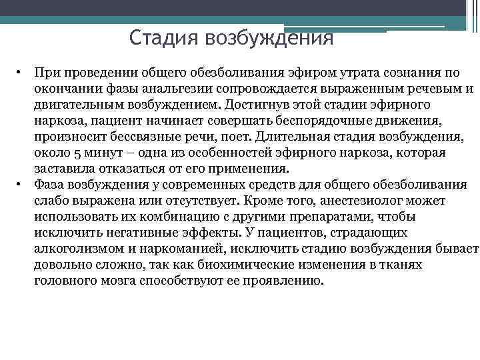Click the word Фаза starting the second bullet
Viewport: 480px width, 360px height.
(x=51, y=185)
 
